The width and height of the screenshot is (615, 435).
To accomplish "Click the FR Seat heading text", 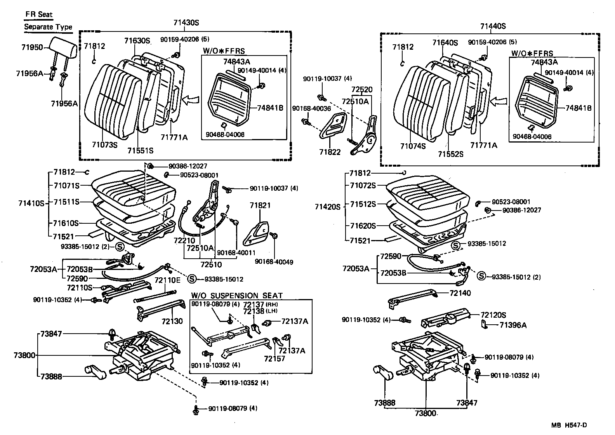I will tap(39, 14).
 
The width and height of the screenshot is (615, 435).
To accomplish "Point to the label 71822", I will tap(330, 152).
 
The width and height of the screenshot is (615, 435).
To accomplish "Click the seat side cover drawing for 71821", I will tap(257, 232).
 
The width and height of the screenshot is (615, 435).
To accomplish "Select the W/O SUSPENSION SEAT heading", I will tap(237, 296).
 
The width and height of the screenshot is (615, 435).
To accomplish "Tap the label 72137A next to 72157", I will tap(292, 351).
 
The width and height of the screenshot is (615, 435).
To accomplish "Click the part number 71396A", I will tap(513, 325).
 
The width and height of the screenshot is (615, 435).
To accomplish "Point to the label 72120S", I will tap(493, 315).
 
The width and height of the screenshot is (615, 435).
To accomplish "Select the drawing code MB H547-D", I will tap(569, 425).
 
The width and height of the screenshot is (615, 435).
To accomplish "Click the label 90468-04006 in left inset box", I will tap(225, 134).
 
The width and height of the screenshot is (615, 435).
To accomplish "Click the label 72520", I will tap(362, 90).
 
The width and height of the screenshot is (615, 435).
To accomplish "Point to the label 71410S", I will tap(31, 202).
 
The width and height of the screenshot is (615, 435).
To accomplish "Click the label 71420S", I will tap(327, 207).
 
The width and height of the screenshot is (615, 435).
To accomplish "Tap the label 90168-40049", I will tap(274, 262).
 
